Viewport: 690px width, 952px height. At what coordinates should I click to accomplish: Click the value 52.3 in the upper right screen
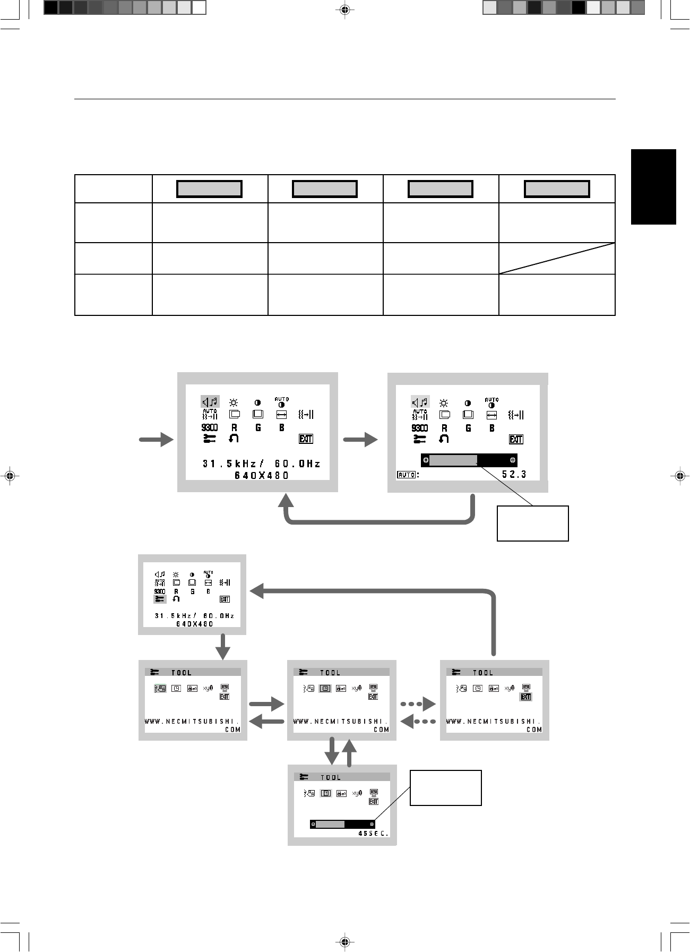(514, 474)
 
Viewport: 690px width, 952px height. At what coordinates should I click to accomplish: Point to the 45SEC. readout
(374, 833)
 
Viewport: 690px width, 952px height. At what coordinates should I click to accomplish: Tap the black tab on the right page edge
(653, 187)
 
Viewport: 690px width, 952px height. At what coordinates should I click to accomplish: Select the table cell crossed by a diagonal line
(557, 259)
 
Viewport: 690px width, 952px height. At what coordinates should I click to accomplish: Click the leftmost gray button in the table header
(209, 189)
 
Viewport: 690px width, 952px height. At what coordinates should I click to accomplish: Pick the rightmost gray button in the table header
(557, 189)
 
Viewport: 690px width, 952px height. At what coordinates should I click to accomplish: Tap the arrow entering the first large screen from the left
(157, 440)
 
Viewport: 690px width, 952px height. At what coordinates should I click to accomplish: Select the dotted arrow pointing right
(418, 705)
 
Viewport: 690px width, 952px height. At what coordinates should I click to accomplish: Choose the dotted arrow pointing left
(418, 722)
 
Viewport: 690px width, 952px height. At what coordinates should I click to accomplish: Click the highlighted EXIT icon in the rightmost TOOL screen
(525, 697)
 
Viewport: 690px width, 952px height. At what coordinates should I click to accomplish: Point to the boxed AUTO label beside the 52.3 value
(406, 475)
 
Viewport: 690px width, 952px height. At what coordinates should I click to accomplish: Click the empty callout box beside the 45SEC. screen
(446, 787)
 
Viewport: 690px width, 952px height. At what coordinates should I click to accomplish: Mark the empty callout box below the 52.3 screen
(532, 524)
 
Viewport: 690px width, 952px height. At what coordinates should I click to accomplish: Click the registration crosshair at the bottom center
(345, 942)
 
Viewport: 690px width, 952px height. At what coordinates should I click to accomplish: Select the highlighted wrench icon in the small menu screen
(160, 599)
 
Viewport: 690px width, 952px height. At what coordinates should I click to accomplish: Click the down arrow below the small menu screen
(223, 646)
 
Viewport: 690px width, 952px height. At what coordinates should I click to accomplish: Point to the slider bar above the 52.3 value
(469, 460)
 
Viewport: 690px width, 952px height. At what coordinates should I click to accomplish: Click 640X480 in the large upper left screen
(262, 476)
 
